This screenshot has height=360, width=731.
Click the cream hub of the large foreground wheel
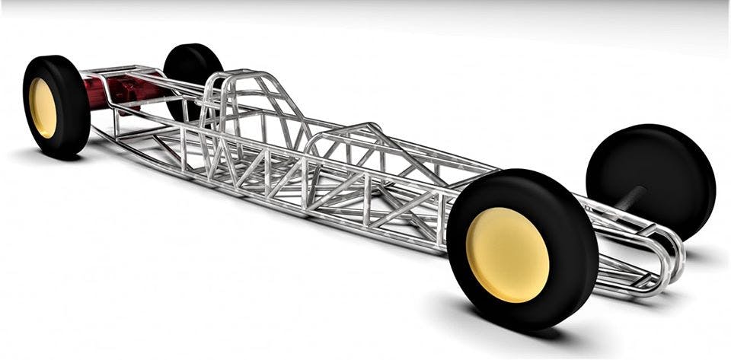click(x=507, y=254)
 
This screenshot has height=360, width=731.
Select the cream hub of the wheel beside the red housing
click(x=42, y=107)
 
